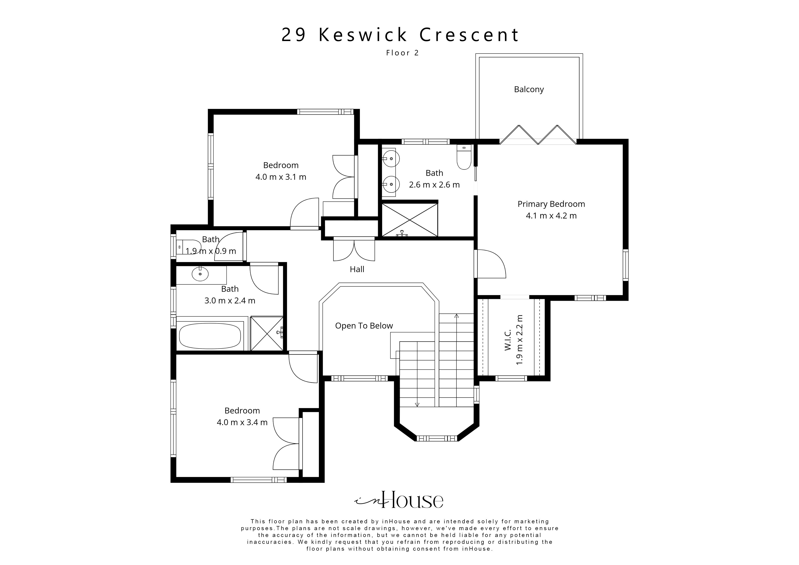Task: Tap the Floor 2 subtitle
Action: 402,53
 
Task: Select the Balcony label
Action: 529,90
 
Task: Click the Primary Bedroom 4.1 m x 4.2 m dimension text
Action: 551,216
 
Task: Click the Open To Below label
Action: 364,326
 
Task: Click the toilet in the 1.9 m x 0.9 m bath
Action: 188,247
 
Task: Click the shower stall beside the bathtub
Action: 267,333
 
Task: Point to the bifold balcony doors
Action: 538,135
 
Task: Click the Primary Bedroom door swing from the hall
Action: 491,264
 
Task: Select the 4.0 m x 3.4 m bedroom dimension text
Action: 242,422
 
